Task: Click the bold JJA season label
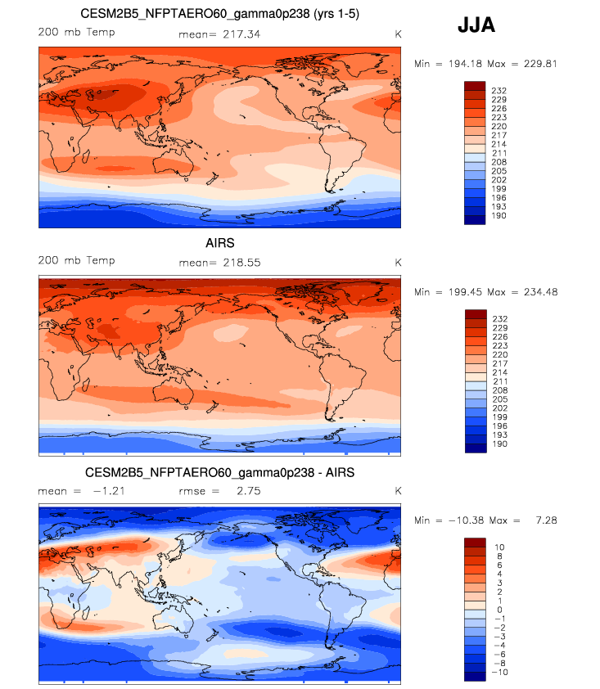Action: tap(476, 26)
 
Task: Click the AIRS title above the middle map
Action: tap(219, 243)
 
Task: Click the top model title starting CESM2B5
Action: tap(220, 14)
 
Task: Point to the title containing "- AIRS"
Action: tap(219, 473)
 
